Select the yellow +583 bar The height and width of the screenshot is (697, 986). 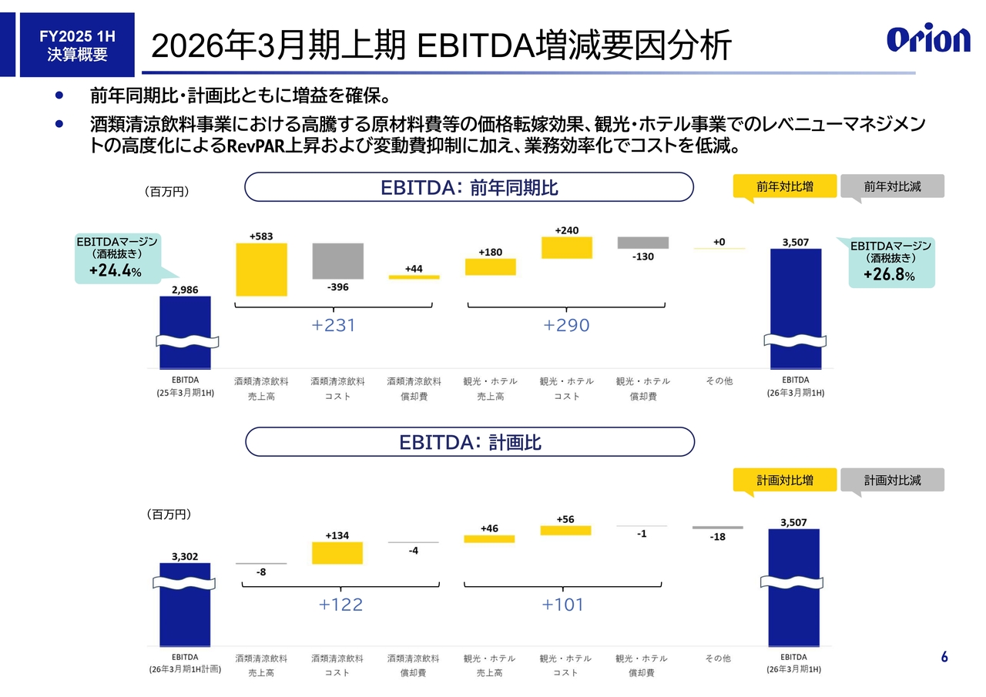tap(261, 270)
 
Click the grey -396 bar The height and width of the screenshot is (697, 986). tap(337, 261)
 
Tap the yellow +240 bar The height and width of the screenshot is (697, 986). tap(567, 247)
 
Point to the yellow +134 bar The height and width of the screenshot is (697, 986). tap(337, 553)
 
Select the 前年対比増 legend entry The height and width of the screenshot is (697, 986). tap(784, 186)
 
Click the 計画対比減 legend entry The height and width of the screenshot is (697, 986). tap(892, 480)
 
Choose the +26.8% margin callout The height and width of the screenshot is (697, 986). tap(891, 263)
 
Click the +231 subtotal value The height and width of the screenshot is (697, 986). tap(334, 326)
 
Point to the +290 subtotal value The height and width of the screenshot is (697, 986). tap(566, 326)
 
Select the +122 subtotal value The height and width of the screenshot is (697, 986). tap(340, 605)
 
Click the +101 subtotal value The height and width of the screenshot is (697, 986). tap(563, 605)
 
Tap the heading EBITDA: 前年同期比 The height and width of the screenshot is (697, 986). tap(469, 187)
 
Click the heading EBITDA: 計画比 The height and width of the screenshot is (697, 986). tap(469, 442)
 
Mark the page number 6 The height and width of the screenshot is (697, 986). tap(944, 657)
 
